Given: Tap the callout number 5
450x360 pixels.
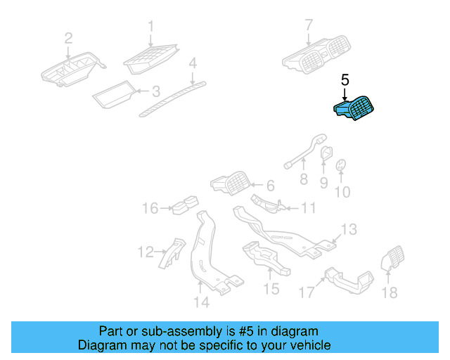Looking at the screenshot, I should pyautogui.click(x=345, y=82).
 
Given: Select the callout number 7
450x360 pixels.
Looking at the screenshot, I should pyautogui.click(x=308, y=26).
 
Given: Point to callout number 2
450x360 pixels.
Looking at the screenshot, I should pyautogui.click(x=68, y=37).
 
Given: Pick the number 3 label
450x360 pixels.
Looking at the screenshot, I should pyautogui.click(x=156, y=91).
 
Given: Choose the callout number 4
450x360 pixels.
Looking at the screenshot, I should pyautogui.click(x=192, y=65).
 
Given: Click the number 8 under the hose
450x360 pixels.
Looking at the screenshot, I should pyautogui.click(x=304, y=179).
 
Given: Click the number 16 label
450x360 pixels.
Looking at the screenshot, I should pyautogui.click(x=151, y=208).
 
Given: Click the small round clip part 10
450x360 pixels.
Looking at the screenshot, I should pyautogui.click(x=341, y=165).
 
